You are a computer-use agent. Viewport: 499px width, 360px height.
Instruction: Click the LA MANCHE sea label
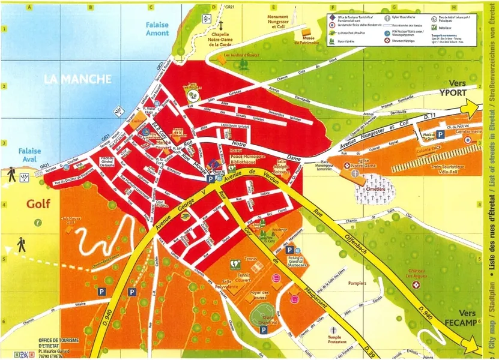point(77,79)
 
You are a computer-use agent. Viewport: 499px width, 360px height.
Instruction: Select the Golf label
point(37,204)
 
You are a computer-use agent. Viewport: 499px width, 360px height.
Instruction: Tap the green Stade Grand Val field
point(260,314)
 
